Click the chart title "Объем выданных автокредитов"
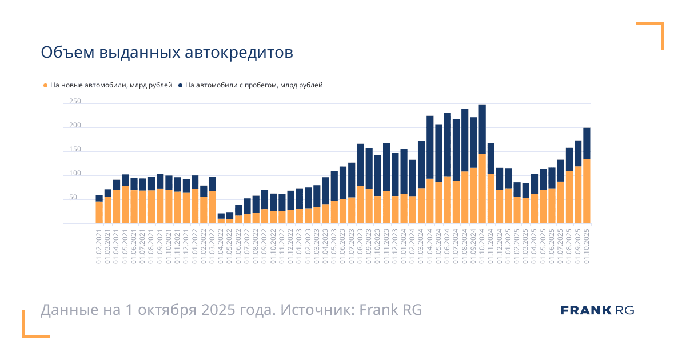click(166, 53)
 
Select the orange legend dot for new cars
click(46, 86)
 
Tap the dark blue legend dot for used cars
click(181, 86)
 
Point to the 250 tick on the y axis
click(75, 102)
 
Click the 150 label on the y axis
click(75, 150)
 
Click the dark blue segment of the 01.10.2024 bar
click(482, 129)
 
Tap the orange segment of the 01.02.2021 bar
click(99, 213)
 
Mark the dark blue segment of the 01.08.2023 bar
click(360, 165)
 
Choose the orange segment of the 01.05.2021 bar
click(125, 205)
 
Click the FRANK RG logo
click(597, 310)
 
